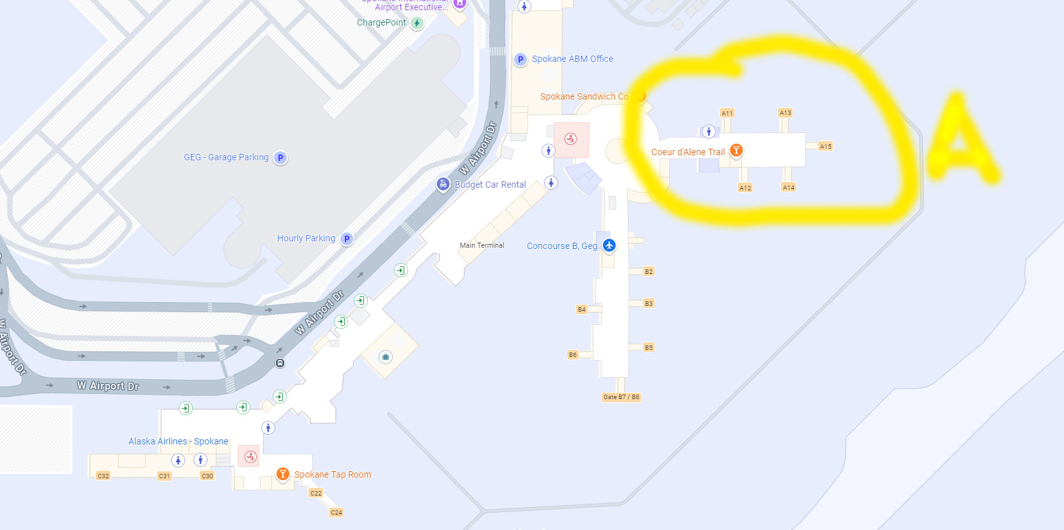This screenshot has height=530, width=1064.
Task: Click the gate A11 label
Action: click(727, 113)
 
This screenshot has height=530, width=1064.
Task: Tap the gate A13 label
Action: click(785, 112)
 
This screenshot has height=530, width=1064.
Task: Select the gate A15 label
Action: click(826, 146)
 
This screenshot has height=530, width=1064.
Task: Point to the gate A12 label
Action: click(745, 188)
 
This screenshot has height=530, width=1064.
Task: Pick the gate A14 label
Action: click(789, 187)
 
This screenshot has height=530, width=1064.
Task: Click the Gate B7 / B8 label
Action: click(621, 397)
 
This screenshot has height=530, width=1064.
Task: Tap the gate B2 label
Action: click(649, 271)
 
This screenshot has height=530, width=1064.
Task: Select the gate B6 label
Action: click(572, 354)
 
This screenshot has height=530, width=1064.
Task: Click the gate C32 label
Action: click(103, 476)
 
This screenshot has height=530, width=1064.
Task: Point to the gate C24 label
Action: click(337, 512)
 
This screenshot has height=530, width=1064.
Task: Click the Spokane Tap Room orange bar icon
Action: click(282, 474)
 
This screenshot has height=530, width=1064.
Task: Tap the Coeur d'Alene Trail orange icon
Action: click(736, 150)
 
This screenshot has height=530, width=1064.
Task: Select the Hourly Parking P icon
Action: click(347, 239)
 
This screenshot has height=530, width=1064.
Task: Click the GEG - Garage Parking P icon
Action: click(280, 158)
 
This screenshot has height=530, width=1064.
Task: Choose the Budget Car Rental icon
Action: click(443, 184)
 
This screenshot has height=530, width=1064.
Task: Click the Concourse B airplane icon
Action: click(609, 245)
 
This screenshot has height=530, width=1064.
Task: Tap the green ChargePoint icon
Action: click(417, 23)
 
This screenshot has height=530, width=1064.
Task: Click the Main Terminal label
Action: click(482, 245)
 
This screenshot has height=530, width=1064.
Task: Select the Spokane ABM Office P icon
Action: click(521, 59)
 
